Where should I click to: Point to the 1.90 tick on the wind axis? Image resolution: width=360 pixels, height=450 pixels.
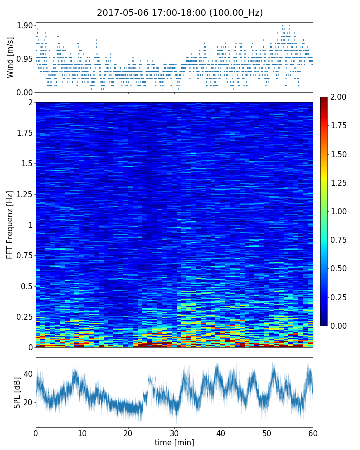[25, 26]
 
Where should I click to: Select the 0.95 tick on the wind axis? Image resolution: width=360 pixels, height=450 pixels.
[25, 59]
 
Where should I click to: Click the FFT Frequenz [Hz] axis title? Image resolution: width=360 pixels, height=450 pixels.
[10, 225]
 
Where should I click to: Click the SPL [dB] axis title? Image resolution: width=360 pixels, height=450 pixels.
[17, 392]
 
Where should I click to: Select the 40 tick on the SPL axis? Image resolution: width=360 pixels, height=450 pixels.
[28, 374]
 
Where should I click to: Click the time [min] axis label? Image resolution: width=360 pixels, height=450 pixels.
[174, 442]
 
